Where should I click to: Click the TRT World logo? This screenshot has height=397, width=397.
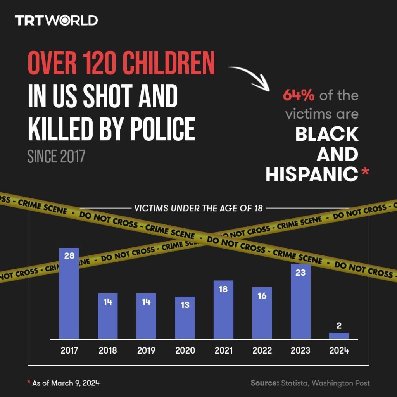(x=56, y=20)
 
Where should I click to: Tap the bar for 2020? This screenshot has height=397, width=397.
(x=185, y=318)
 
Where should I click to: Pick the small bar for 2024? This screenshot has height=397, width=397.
(x=339, y=336)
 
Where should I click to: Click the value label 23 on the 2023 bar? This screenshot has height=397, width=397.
(x=300, y=273)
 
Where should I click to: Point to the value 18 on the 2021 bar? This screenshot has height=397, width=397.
(x=223, y=289)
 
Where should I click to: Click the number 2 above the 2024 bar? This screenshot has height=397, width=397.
(x=339, y=326)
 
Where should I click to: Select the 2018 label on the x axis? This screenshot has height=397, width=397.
(x=108, y=350)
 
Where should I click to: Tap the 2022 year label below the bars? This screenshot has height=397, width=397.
(x=262, y=350)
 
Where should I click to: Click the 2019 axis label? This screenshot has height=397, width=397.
(x=146, y=350)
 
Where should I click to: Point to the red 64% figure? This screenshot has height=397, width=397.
(x=299, y=95)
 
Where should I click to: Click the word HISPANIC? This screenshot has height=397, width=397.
(x=312, y=175)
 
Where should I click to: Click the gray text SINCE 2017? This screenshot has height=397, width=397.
(x=56, y=157)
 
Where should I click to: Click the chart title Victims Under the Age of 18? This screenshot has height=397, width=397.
(x=198, y=208)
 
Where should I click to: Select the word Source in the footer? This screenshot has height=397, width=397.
(x=264, y=383)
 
